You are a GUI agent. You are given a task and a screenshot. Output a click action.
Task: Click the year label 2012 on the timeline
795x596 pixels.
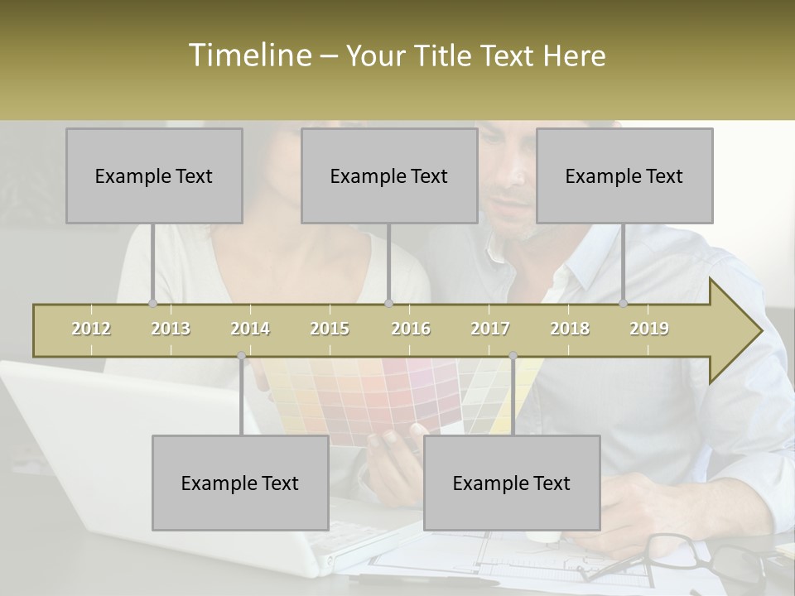coord(91,329)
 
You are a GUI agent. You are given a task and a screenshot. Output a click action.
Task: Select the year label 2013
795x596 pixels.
coord(171,329)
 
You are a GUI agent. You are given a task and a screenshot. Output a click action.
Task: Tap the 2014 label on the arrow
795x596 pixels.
coord(250,329)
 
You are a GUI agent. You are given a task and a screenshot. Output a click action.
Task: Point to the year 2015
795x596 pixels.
coord(330,329)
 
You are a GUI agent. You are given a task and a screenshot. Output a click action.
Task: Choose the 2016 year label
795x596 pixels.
coord(411,329)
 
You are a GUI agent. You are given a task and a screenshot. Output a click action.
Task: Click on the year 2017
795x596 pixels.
coord(490,329)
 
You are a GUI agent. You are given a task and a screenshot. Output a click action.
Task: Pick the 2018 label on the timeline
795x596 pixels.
coord(570,329)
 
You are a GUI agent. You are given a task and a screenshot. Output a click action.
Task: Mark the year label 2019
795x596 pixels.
coord(649,329)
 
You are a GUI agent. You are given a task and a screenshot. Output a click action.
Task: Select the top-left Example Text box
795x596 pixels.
coord(154,175)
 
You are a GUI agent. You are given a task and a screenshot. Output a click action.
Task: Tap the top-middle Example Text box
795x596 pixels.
coord(389,175)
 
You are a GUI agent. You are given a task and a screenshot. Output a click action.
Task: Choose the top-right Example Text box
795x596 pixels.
coord(624,175)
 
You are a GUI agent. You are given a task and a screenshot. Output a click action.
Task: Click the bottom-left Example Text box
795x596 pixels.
coord(240,483)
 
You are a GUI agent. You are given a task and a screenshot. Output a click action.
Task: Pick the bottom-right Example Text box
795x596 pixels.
coord(512,483)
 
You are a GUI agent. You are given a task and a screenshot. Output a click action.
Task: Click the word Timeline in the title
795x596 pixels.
coord(249,55)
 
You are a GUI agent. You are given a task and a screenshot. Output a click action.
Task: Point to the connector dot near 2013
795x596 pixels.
coord(153,303)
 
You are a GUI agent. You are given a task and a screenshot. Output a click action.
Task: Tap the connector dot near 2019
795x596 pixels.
coord(624,303)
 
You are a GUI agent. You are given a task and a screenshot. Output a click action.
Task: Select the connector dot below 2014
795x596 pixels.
coord(241,356)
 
